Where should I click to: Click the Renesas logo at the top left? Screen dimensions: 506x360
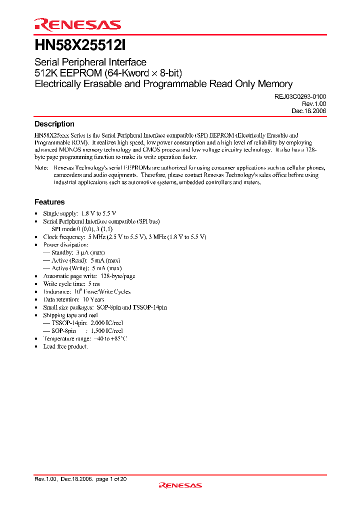tap(77, 24)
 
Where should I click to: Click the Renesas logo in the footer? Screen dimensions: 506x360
tap(180, 485)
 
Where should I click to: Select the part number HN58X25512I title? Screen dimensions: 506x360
tap(80, 45)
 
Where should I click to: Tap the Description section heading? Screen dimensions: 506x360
tap(54, 124)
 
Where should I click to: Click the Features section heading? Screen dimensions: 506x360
tap(49, 202)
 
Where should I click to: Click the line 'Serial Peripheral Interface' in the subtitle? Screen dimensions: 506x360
tap(90, 62)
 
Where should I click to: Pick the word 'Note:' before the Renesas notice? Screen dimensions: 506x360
tap(41, 168)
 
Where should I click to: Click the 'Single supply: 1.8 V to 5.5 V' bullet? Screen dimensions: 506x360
tap(79, 213)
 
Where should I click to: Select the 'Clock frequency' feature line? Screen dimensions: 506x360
tap(124, 237)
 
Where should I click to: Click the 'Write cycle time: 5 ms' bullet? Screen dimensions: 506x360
tap(71, 284)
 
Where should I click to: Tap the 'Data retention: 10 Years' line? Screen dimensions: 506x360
tap(73, 299)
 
